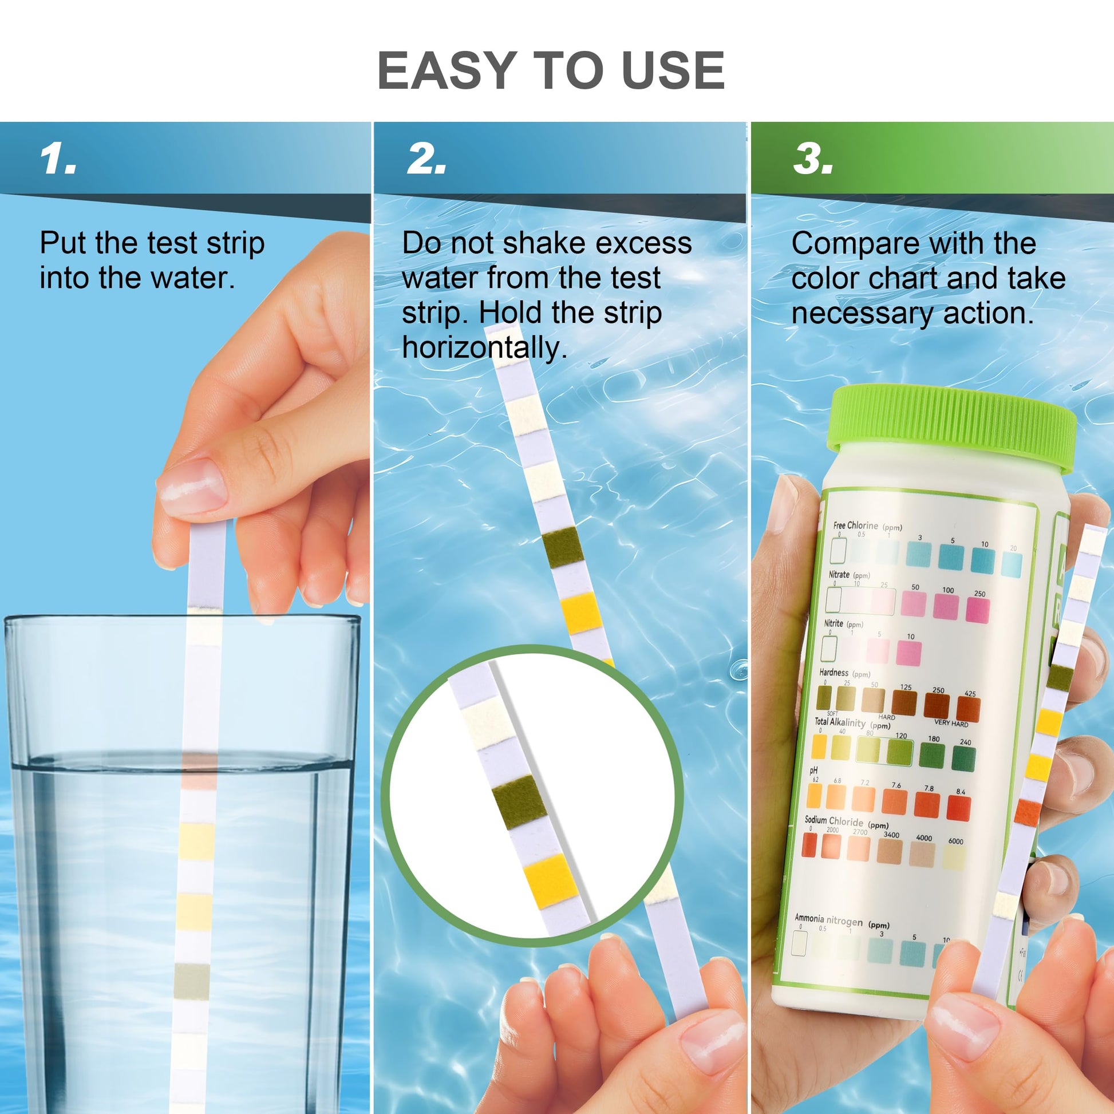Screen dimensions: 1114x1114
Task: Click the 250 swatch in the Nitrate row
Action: click(977, 610)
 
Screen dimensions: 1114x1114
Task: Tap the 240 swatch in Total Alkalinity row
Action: click(963, 759)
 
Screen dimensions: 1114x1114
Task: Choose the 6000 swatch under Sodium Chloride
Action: click(954, 858)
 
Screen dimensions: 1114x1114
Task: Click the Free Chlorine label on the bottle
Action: click(855, 526)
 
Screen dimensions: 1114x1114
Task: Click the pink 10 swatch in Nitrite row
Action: click(909, 654)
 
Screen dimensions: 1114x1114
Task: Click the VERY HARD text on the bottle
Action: click(951, 723)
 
